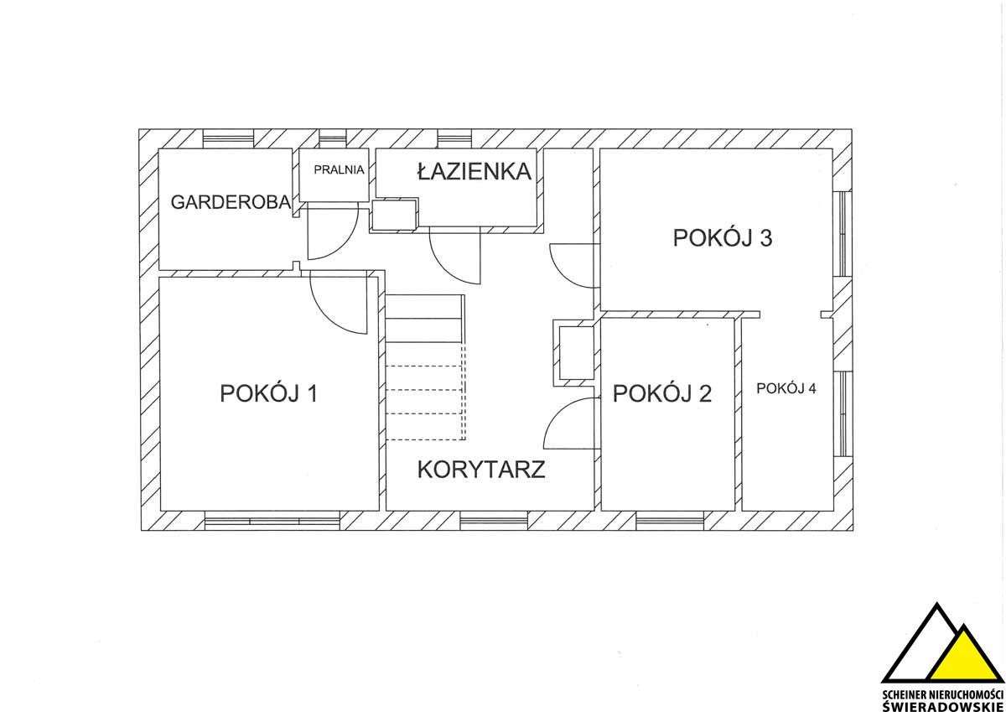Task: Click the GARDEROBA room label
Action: [x=231, y=202]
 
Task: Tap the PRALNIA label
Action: [x=339, y=169]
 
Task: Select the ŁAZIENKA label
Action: [x=474, y=172]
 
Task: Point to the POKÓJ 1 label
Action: [x=267, y=392]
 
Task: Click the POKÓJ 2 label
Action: [x=662, y=392]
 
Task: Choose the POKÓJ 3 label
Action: [x=722, y=238]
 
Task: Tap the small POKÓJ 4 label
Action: [x=786, y=388]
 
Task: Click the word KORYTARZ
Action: [x=481, y=469]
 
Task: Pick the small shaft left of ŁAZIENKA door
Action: [x=394, y=215]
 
